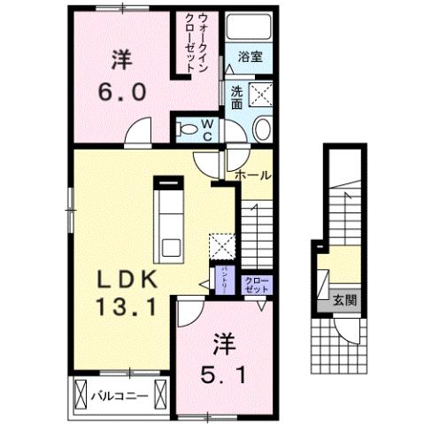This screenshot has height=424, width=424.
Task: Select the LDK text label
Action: tap(127, 281)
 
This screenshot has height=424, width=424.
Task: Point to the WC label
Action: tap(205, 130)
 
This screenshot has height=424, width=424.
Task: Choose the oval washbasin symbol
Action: tap(262, 130)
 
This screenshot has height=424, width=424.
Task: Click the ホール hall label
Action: tap(253, 175)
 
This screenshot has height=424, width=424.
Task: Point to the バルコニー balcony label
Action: tap(118, 395)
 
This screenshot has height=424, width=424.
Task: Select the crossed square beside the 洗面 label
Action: tap(260, 95)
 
